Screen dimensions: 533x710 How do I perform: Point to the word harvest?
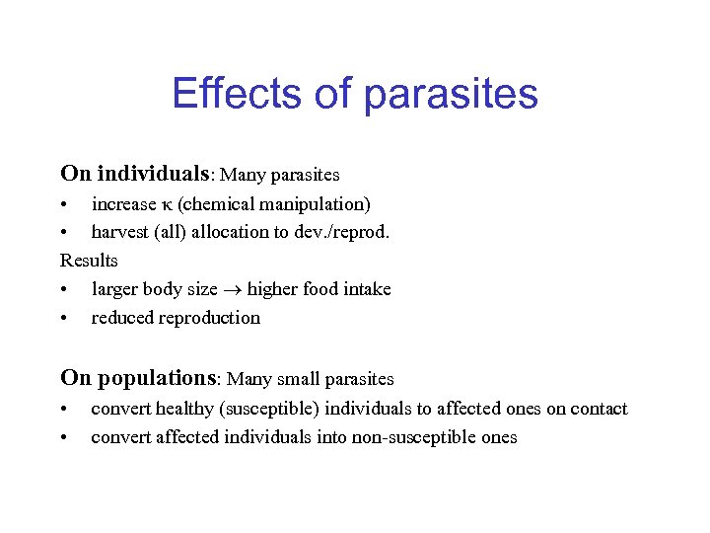pyautogui.click(x=121, y=232)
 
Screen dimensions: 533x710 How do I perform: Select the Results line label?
pyautogui.click(x=89, y=261)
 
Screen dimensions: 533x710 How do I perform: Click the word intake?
pyautogui.click(x=366, y=289)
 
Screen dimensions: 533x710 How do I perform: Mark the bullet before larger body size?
pyautogui.click(x=64, y=290)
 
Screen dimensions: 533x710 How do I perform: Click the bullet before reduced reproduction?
pyautogui.click(x=64, y=319)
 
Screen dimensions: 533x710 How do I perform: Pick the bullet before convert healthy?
pyautogui.click(x=64, y=410)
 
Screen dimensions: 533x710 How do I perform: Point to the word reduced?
pyautogui.click(x=120, y=318)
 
